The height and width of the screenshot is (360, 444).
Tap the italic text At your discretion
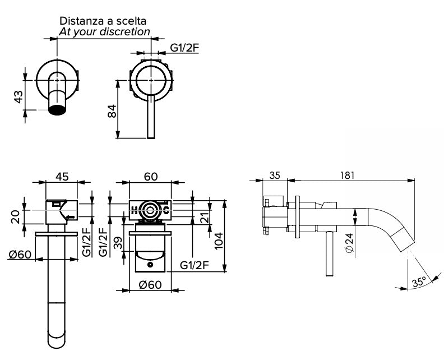104,31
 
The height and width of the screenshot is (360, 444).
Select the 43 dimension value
18,96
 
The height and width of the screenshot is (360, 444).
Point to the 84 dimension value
112,110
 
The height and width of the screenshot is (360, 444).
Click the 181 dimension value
348,175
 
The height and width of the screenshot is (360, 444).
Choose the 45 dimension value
62,177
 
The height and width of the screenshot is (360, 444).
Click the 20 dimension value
18,216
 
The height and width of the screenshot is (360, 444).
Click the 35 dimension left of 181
275,175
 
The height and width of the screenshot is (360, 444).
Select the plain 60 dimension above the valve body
150,177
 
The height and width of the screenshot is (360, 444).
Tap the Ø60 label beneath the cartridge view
150,285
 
